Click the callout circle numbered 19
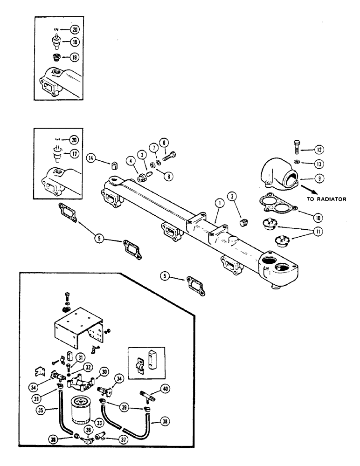tap(73, 57)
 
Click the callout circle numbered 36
tap(89, 429)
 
